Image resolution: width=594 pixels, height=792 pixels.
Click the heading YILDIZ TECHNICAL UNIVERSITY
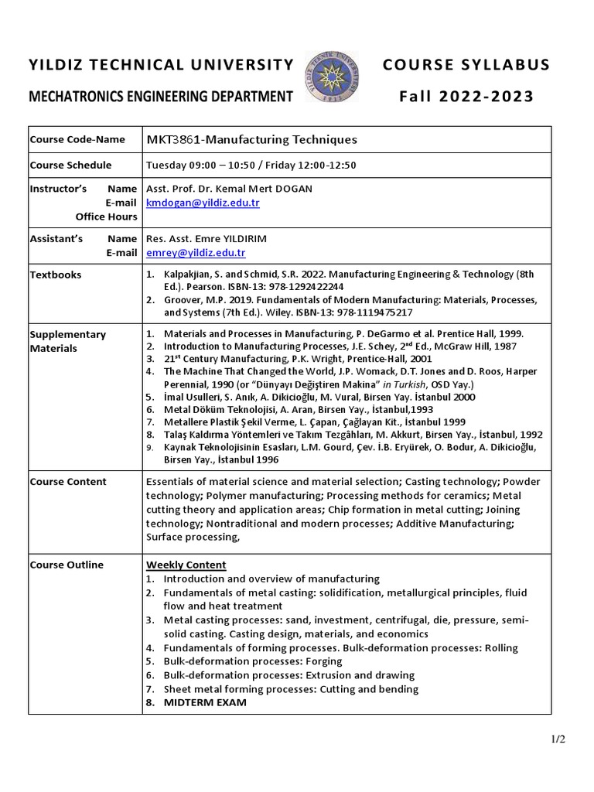click(161, 64)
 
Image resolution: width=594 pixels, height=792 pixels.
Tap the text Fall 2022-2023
click(466, 97)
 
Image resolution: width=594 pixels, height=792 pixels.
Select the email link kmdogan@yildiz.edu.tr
click(203, 203)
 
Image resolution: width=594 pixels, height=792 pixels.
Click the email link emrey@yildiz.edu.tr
click(196, 252)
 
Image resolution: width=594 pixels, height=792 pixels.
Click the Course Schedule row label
click(70, 165)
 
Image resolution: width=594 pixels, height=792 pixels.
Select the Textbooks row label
click(55, 275)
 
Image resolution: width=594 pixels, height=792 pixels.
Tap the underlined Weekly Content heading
click(186, 565)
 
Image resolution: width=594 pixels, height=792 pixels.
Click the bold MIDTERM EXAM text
click(205, 702)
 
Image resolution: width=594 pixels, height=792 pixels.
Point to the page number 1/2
click(558, 739)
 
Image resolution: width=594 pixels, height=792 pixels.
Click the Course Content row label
click(68, 482)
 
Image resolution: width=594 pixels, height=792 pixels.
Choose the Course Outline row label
click(67, 565)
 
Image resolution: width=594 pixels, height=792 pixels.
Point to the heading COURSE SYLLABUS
click(466, 64)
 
